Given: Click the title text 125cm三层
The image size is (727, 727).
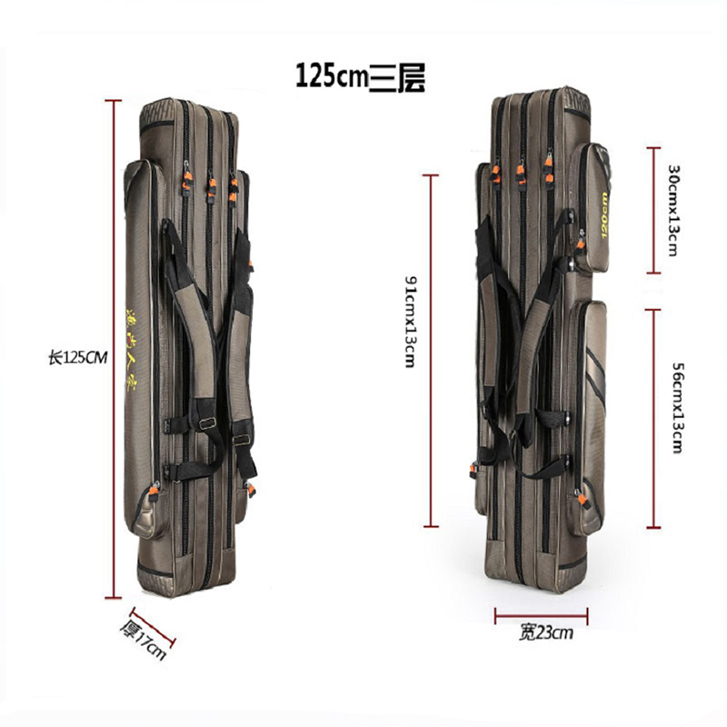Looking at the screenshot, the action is click(x=360, y=74).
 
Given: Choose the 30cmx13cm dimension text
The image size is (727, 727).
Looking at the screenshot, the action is click(x=672, y=210).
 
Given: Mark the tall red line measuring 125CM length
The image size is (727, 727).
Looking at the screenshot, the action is click(x=113, y=350).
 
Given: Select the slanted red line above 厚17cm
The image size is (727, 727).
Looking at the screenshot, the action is click(x=153, y=628).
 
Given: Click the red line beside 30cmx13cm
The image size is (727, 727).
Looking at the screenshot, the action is click(x=652, y=210).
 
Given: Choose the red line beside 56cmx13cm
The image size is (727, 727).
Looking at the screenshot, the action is click(x=652, y=418).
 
